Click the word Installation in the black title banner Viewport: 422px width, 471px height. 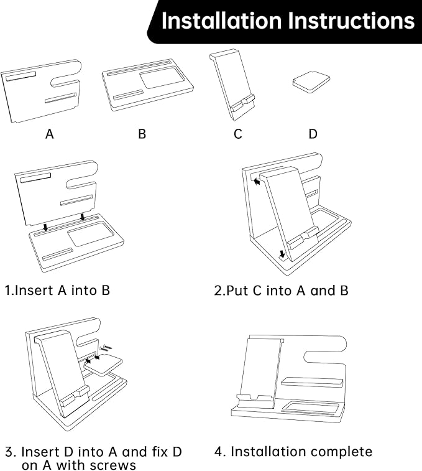(221, 21)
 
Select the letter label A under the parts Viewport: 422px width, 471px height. (50, 134)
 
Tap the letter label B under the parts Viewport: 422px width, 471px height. (142, 134)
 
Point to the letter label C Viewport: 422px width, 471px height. (238, 134)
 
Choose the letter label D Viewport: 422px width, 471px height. (313, 134)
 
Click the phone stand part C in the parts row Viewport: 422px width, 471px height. (233, 87)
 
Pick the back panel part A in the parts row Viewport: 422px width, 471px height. (40, 90)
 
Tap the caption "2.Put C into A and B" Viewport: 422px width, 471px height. (281, 290)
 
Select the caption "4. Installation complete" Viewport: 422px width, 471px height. (293, 451)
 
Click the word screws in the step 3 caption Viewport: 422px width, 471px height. (115, 465)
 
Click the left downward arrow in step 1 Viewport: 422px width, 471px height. (45, 227)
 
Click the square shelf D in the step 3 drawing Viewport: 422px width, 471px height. (103, 366)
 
